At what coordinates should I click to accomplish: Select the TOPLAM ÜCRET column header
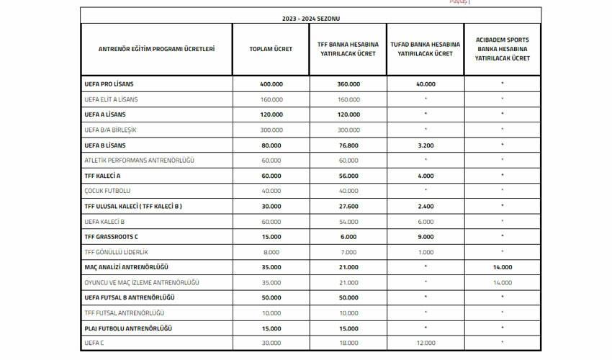pos(271,49)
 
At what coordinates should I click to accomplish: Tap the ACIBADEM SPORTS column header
pos(502,49)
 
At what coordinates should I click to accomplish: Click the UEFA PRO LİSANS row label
pos(109,84)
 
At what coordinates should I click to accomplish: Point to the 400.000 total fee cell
pos(271,84)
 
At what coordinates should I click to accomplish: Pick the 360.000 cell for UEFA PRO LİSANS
pos(348,84)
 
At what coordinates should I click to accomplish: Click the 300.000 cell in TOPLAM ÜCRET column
pos(271,130)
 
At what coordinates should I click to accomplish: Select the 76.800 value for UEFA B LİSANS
pos(348,145)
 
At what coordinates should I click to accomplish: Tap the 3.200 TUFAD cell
pos(426,145)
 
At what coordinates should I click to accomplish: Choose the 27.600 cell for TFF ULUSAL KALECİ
pos(348,206)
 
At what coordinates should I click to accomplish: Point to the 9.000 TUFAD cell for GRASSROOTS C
pos(426,236)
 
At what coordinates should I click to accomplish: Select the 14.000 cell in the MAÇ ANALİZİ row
pos(502,266)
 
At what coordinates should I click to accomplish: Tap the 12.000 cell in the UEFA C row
pos(426,343)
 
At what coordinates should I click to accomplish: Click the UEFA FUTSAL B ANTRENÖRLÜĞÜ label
pos(130,297)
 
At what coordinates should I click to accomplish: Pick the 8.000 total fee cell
pos(271,251)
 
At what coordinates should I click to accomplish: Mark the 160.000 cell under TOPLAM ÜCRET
pos(271,99)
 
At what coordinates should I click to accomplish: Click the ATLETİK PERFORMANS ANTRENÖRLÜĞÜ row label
pos(135,160)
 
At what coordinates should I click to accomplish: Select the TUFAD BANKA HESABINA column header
pos(426,49)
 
